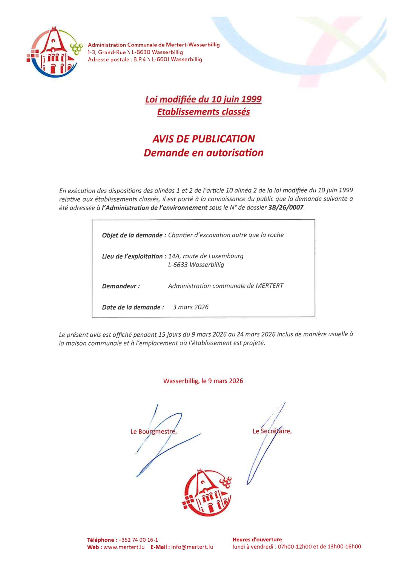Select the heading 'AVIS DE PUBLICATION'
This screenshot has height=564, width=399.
click(x=203, y=139)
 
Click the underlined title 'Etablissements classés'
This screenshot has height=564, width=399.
click(x=203, y=112)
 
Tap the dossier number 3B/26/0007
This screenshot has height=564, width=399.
click(x=285, y=207)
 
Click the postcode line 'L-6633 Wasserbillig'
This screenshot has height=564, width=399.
click(x=196, y=265)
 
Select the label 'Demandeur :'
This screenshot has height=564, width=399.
click(x=121, y=286)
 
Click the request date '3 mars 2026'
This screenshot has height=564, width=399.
click(x=190, y=307)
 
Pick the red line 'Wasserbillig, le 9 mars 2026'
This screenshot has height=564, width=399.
click(x=203, y=381)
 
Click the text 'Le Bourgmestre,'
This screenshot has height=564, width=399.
click(x=153, y=431)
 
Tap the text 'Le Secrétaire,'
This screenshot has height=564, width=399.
click(x=272, y=431)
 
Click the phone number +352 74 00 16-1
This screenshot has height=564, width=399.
click(x=138, y=540)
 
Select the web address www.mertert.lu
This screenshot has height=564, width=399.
click(x=124, y=547)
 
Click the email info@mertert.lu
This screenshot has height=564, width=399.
click(x=192, y=547)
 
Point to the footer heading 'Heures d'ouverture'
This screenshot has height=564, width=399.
click(x=257, y=539)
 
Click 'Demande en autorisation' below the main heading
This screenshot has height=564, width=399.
click(x=203, y=153)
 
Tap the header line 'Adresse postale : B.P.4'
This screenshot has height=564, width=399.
click(x=145, y=60)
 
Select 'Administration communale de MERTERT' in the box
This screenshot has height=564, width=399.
click(x=226, y=286)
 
